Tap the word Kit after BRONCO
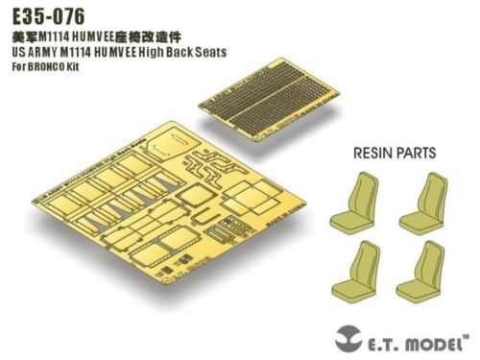[77, 67]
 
